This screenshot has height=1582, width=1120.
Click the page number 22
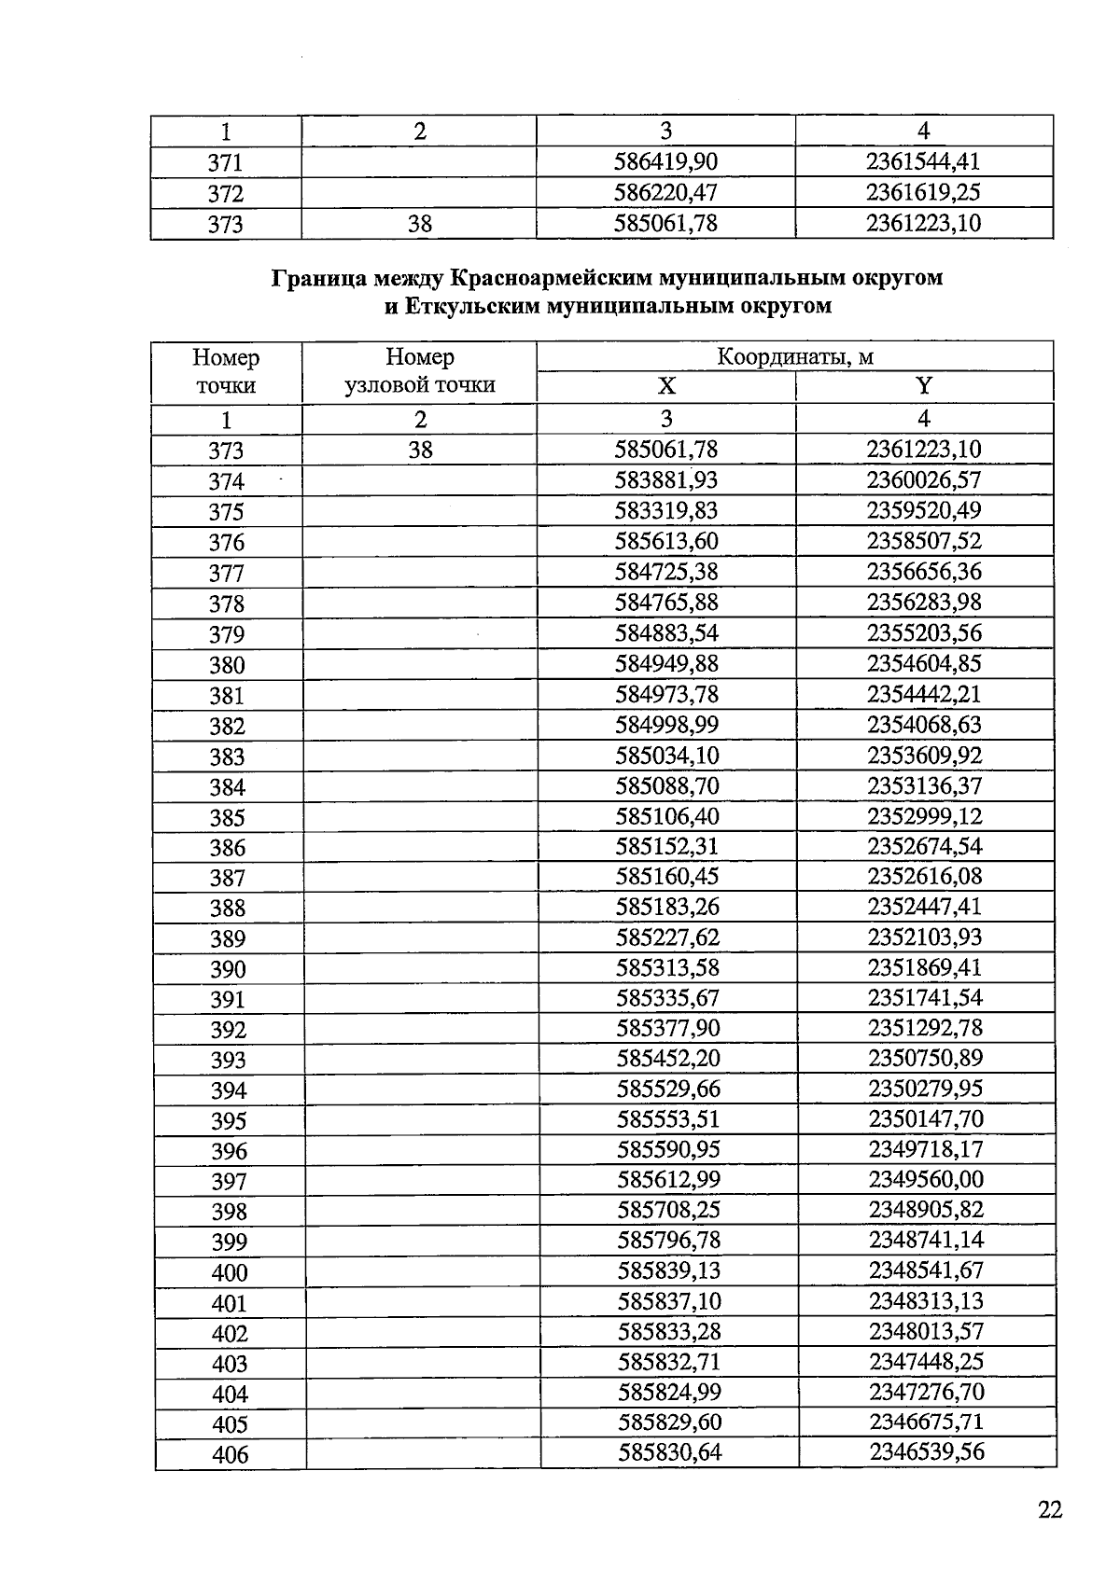pyautogui.click(x=1050, y=1510)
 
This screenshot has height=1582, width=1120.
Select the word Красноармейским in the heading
pyautogui.click(x=553, y=278)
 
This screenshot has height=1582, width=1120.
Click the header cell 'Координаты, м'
pyautogui.click(x=795, y=357)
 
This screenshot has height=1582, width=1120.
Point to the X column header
pyautogui.click(x=666, y=387)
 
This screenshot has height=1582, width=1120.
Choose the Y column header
pyautogui.click(x=924, y=387)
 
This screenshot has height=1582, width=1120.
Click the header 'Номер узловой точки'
pyautogui.click(x=420, y=371)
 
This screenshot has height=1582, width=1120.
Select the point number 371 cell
pyautogui.click(x=225, y=162)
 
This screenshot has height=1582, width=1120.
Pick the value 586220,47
pyautogui.click(x=666, y=193)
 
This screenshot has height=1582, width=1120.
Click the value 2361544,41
pyautogui.click(x=924, y=161)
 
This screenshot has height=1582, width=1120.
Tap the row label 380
pyautogui.click(x=227, y=665)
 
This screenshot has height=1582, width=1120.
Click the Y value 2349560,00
pyautogui.click(x=926, y=1179)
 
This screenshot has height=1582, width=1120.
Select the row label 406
pyautogui.click(x=230, y=1454)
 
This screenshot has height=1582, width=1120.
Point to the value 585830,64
pyautogui.click(x=670, y=1452)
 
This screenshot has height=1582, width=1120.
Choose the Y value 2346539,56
pyautogui.click(x=927, y=1451)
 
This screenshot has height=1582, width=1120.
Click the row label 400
pyautogui.click(x=230, y=1272)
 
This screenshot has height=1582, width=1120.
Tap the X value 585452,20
pyautogui.click(x=669, y=1058)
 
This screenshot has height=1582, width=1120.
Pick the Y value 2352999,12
pyautogui.click(x=925, y=816)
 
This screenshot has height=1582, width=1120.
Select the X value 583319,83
pyautogui.click(x=666, y=510)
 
